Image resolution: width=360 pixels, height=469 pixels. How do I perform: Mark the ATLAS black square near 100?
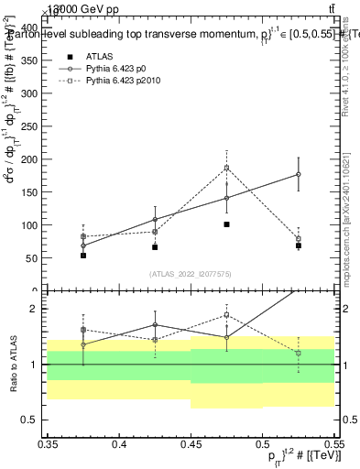click(x=226, y=224)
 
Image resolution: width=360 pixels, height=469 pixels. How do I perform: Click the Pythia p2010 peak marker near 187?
click(x=226, y=168)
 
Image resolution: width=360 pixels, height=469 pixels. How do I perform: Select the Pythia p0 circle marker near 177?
click(x=299, y=174)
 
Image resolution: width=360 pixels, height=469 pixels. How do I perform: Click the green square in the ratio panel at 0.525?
click(x=299, y=353)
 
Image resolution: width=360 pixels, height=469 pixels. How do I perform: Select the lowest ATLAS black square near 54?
click(x=83, y=256)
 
